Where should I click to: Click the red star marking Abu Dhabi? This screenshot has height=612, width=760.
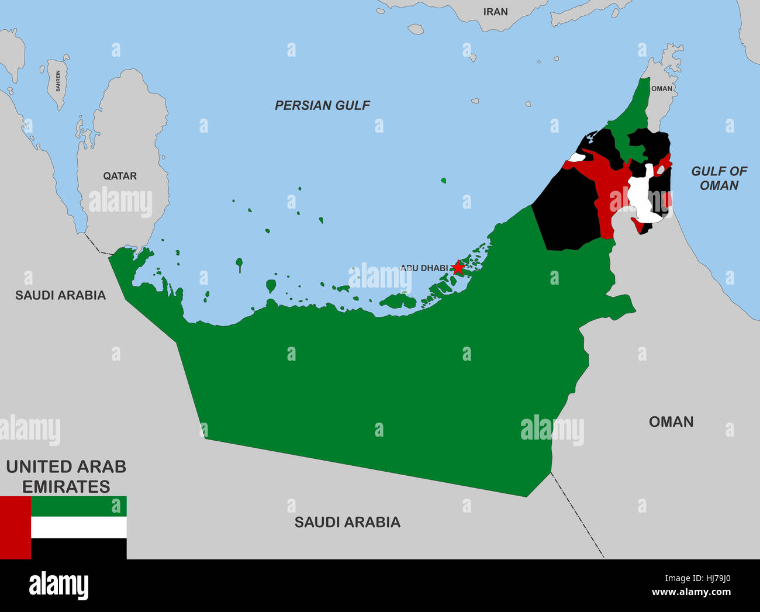pyautogui.click(x=458, y=268)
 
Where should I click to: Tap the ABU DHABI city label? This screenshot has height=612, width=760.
pyautogui.click(x=424, y=268)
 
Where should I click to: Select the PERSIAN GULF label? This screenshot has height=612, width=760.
pyautogui.click(x=322, y=105)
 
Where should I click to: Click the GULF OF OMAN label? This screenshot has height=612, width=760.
pyautogui.click(x=719, y=178)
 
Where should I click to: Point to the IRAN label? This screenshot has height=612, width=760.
pyautogui.click(x=495, y=12)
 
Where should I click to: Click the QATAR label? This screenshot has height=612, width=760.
pyautogui.click(x=120, y=176)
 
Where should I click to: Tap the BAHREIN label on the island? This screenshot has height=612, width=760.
pyautogui.click(x=58, y=81)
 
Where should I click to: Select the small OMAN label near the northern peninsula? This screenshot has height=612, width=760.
pyautogui.click(x=662, y=89)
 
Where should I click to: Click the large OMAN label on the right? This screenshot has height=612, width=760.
pyautogui.click(x=671, y=421)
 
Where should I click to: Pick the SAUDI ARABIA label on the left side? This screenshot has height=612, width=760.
pyautogui.click(x=60, y=295)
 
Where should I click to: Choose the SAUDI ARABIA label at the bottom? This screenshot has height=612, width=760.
pyautogui.click(x=347, y=522)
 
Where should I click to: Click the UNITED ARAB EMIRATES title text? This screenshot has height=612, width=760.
pyautogui.click(x=66, y=476)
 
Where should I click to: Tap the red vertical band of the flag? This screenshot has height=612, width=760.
pyautogui.click(x=15, y=528)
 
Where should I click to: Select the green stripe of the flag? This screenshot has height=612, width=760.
pyautogui.click(x=78, y=506)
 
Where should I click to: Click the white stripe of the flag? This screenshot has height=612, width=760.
pyautogui.click(x=78, y=527)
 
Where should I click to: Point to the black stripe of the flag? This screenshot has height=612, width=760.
pyautogui.click(x=78, y=549)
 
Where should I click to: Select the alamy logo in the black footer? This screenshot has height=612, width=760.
pyautogui.click(x=58, y=586)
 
